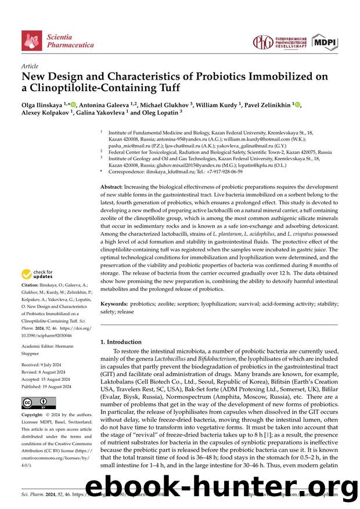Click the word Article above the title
(x=30, y=67)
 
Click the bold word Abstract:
(x=112, y=186)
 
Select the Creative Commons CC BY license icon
(x=38, y=403)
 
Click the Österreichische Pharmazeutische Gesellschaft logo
(x=279, y=42)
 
